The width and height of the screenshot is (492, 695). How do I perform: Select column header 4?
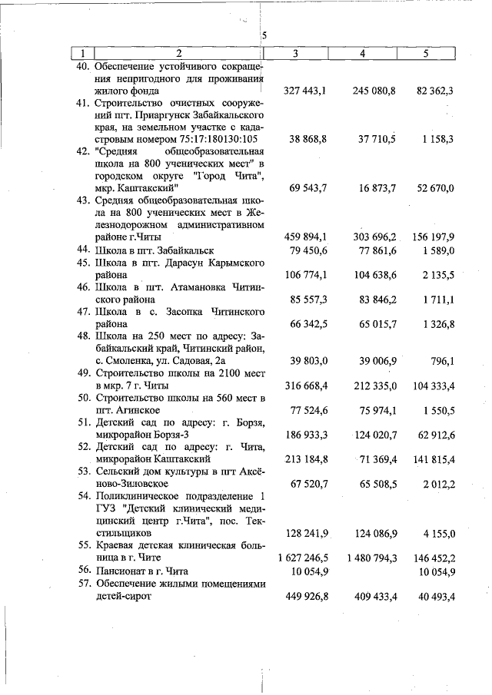pyautogui.click(x=362, y=53)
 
